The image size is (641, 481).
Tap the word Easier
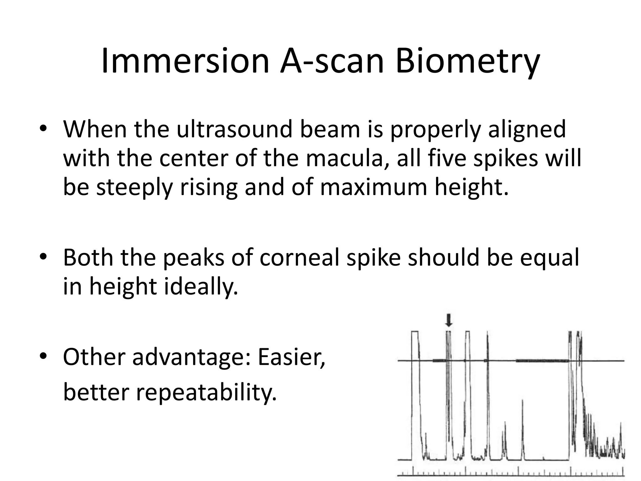coord(291,357)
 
